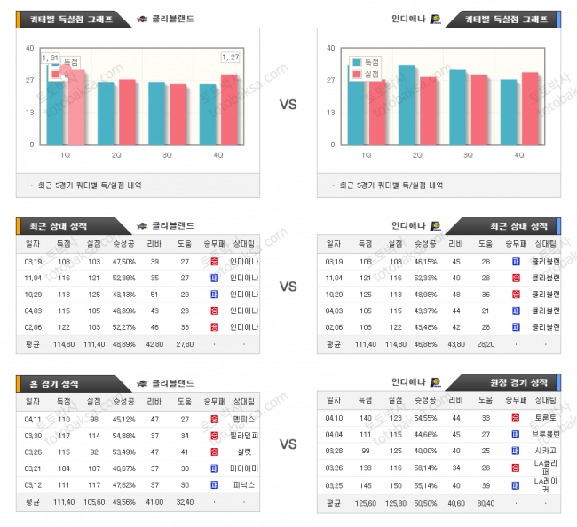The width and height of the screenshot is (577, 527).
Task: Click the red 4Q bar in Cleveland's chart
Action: (229, 110)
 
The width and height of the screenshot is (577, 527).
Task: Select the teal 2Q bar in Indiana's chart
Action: (407, 105)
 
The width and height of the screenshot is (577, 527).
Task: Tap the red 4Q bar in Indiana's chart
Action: (530, 108)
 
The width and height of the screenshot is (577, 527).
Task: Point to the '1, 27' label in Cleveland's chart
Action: (230, 58)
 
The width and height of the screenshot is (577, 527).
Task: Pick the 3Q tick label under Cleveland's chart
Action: (167, 154)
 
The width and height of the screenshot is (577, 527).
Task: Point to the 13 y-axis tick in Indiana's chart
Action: (330, 113)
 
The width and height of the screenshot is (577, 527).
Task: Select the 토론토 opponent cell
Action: (545, 416)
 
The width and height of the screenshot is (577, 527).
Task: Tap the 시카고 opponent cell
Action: (545, 451)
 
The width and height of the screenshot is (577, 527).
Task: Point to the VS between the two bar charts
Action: (288, 104)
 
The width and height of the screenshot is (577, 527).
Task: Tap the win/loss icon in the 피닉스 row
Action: (214, 485)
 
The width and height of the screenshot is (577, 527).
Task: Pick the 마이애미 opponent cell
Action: (243, 468)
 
